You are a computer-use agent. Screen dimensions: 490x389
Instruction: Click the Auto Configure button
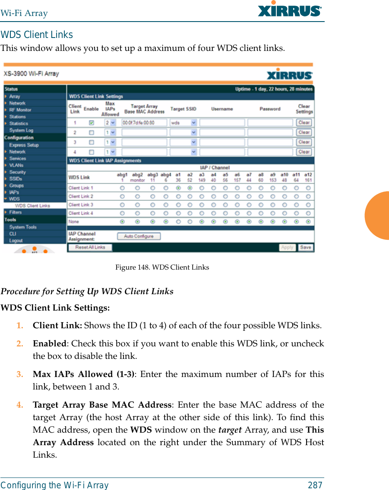click(139, 236)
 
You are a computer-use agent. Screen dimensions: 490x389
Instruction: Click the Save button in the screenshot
click(305, 247)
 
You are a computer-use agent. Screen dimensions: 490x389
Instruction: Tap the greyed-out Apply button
click(287, 247)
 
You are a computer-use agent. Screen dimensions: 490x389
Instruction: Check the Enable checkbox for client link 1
click(91, 122)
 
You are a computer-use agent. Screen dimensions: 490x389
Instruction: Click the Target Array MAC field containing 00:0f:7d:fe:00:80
click(144, 122)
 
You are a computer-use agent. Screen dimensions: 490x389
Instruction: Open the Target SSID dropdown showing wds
click(183, 122)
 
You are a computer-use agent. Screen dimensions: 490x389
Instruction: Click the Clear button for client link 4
click(304, 152)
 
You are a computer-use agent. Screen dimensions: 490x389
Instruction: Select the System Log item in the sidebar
click(21, 130)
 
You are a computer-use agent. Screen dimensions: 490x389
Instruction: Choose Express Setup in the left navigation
click(24, 145)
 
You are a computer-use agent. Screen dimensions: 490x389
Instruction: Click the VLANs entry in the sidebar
click(16, 165)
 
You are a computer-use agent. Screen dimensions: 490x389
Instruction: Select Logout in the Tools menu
click(16, 241)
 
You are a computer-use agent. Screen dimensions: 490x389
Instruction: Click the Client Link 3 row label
click(81, 204)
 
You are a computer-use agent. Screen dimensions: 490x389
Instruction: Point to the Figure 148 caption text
click(162, 267)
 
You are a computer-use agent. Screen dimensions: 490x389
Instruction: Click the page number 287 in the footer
click(315, 485)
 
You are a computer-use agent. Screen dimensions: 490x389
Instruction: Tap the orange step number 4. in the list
click(20, 405)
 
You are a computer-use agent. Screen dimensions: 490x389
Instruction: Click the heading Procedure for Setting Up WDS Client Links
click(87, 292)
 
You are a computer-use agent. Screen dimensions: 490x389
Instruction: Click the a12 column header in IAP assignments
click(308, 175)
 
